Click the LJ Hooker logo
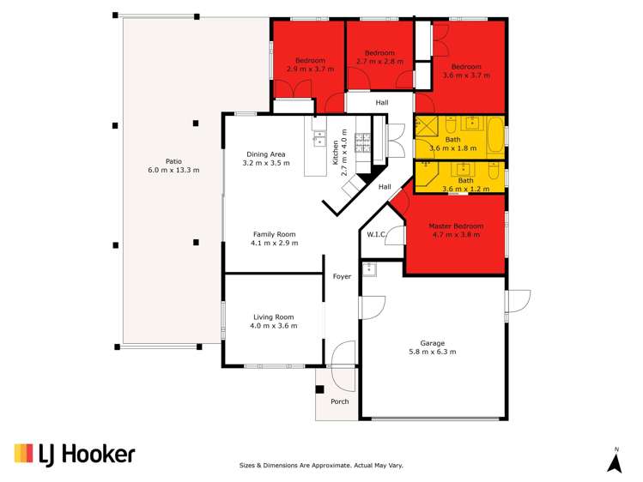coord(75,454)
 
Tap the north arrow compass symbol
coord(615,461)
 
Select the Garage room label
coord(433,343)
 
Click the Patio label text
coord(173,161)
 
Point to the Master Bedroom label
coord(456,226)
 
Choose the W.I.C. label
coord(375,234)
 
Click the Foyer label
coord(343,277)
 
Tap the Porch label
coord(340,401)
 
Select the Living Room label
coord(273,317)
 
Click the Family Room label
coord(274,234)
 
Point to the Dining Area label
coord(265,154)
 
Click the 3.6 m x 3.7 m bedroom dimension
coord(466,75)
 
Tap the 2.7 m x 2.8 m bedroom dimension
coord(379,62)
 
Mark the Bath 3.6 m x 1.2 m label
coord(464,185)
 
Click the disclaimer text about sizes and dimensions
coord(320,465)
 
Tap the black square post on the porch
coord(320,389)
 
